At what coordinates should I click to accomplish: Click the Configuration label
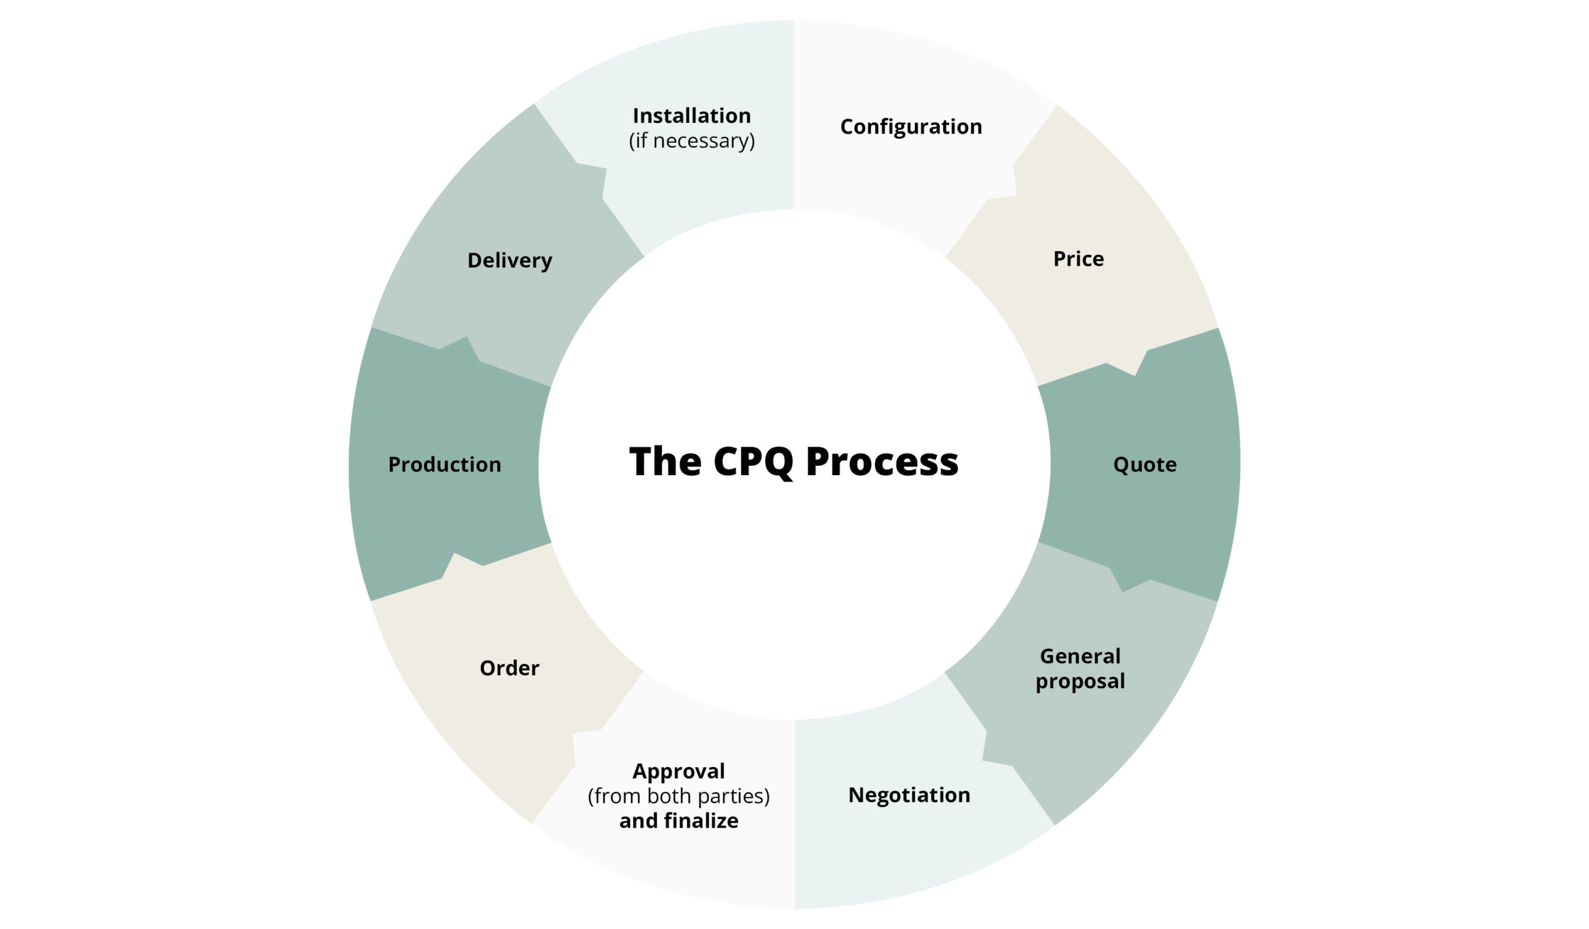pos(911,127)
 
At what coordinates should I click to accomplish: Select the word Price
pos(1078,258)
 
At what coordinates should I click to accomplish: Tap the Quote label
pos(1145,465)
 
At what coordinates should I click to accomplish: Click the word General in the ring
pos(1080,656)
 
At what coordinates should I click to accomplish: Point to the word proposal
pos(1080,682)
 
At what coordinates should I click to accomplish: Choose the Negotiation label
pos(909,795)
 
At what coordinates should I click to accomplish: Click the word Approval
pos(678,771)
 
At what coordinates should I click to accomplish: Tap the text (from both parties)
pos(678,797)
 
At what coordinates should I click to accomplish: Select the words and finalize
pos(678,821)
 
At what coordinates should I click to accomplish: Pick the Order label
pos(510,669)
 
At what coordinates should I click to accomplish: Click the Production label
pos(444,465)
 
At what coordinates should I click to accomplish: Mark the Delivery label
pos(510,260)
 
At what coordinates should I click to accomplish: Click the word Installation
pos(691,116)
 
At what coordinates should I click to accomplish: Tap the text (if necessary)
pos(691,140)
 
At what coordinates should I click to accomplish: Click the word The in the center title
pos(665,461)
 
